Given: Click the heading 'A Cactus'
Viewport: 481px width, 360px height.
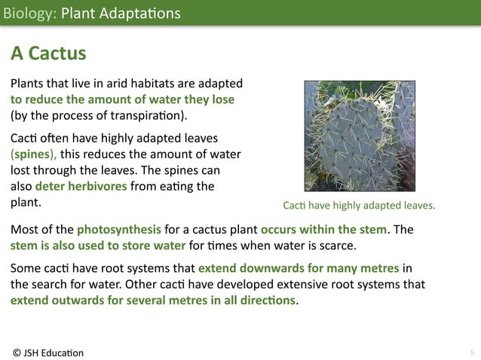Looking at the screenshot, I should (47, 54).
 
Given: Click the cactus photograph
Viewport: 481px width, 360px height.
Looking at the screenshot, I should (360, 136).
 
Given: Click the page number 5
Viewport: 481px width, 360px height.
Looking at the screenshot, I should (471, 352).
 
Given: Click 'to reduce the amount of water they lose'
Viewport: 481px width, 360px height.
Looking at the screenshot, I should (122, 99).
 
